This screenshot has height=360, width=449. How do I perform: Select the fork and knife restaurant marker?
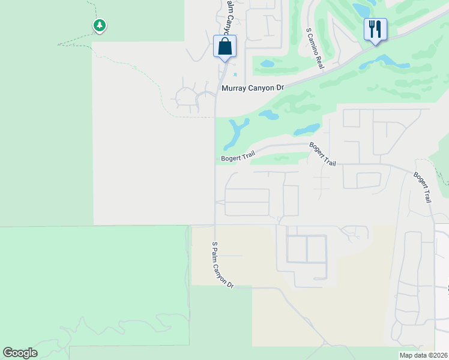pos(375,29)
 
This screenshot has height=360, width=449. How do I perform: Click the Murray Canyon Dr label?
pos(252,88)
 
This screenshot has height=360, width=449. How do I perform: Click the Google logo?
pos(20,353)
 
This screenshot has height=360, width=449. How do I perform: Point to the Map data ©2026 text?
pos(424,355)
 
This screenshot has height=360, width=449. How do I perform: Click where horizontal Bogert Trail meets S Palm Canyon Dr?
pos(215,161)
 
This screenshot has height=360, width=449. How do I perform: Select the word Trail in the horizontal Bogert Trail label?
pos(242,157)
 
